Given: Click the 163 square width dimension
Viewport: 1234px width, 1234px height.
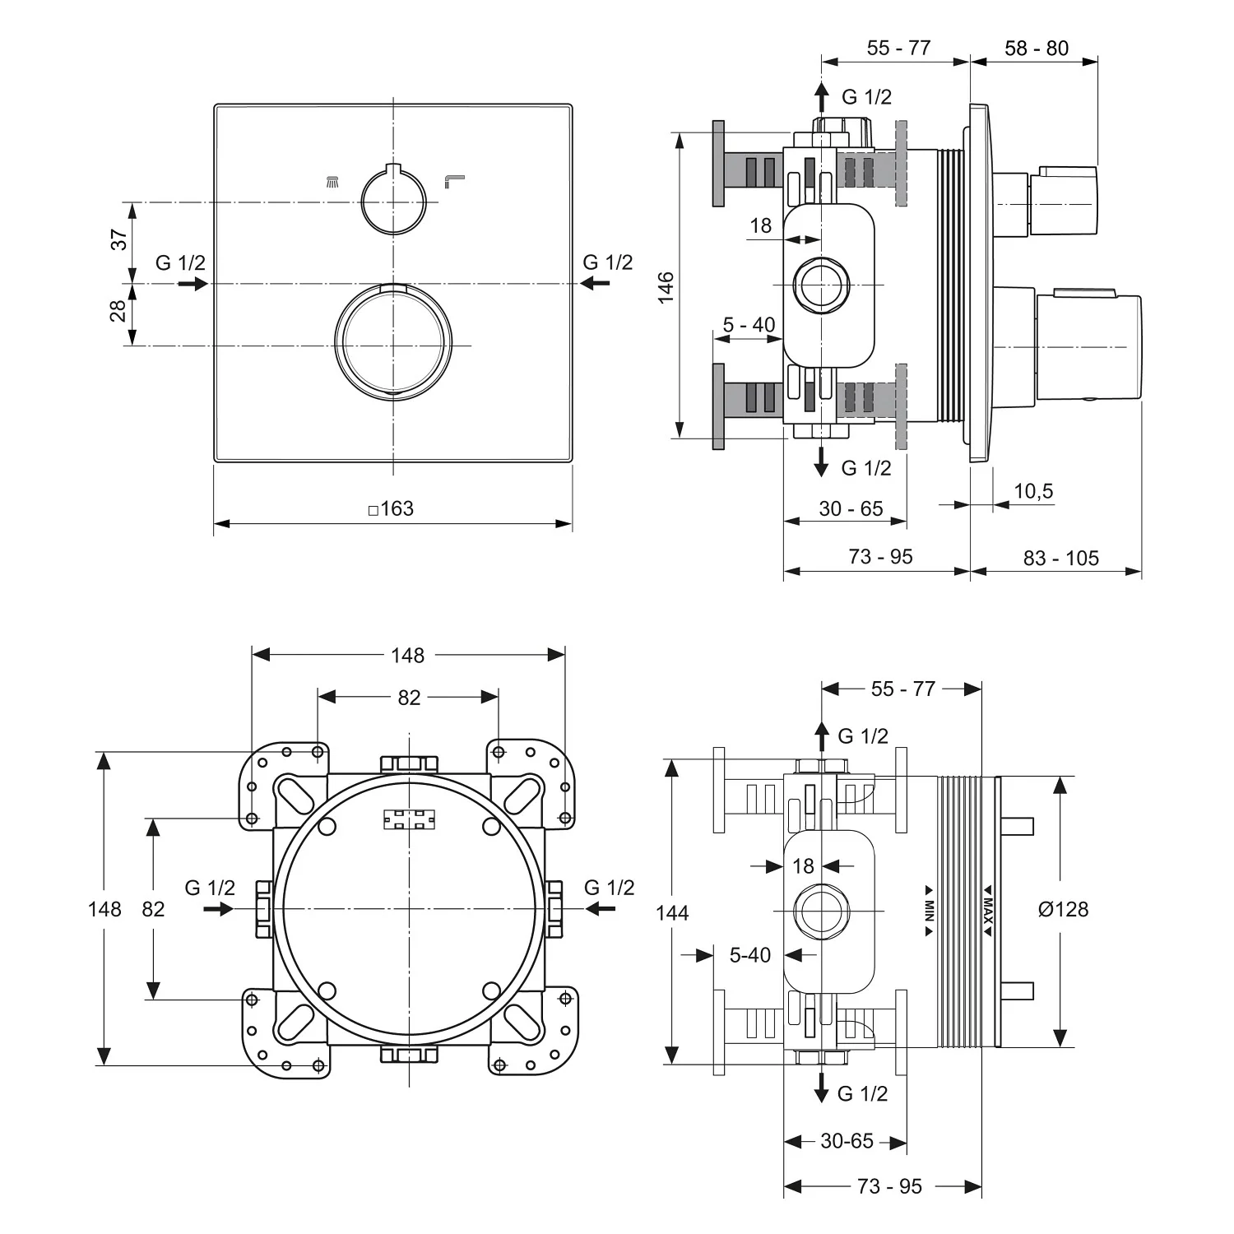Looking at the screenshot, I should [x=393, y=508].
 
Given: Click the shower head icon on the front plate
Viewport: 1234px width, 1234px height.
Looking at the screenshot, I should [x=332, y=181].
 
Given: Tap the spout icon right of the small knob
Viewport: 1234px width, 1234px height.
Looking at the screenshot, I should [x=454, y=180].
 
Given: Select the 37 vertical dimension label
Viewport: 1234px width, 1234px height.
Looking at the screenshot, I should [x=119, y=240].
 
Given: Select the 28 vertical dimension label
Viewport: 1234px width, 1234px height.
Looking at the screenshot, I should [x=118, y=311].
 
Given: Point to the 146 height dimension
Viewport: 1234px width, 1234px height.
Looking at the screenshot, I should [x=666, y=287].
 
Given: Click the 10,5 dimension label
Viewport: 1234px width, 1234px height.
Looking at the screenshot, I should [x=1032, y=491].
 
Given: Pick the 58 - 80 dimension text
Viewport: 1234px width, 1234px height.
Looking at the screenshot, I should [x=1036, y=49].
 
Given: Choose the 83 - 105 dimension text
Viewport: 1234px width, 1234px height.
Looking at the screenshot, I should [x=1060, y=558].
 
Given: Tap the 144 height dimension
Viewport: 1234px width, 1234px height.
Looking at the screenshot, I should [x=673, y=912].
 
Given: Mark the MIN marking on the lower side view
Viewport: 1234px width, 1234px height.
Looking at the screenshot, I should [x=929, y=910].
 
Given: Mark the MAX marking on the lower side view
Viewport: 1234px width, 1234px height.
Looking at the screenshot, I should [x=989, y=910].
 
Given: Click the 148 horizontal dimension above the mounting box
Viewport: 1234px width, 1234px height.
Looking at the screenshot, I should [x=407, y=655].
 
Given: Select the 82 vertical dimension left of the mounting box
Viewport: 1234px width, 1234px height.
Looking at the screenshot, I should [x=153, y=909].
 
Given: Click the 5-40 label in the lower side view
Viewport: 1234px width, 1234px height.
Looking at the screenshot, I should [x=749, y=955].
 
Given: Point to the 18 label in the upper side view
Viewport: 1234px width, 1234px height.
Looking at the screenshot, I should [x=761, y=225].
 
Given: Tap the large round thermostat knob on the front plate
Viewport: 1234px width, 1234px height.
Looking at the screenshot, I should [x=393, y=341].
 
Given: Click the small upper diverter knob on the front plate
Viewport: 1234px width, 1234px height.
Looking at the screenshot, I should [x=393, y=198].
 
